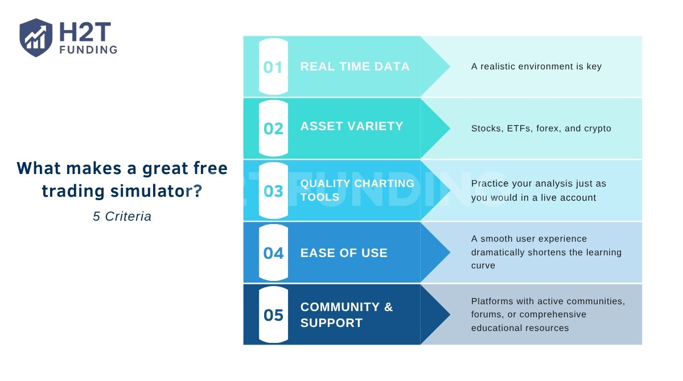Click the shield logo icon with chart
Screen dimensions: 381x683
[36, 38]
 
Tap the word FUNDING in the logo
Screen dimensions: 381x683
[89, 49]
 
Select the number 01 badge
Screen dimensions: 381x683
[273, 67]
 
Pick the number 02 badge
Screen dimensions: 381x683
[273, 129]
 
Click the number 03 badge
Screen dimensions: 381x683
[273, 191]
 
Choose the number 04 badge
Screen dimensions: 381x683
[273, 253]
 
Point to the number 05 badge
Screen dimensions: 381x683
[273, 315]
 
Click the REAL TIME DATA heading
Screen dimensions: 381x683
[355, 67]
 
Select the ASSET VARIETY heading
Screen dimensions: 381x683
[351, 126]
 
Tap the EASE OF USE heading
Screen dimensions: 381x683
[344, 253]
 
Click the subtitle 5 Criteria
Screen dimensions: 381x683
[122, 217]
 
